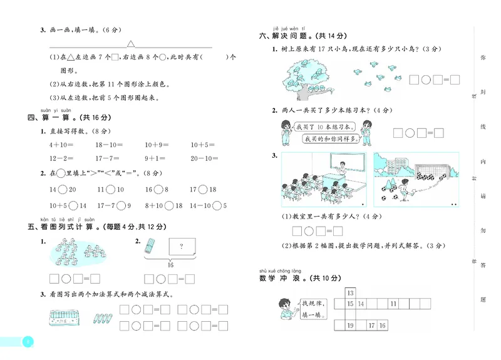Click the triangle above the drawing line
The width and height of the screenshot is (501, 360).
[x=132, y=44]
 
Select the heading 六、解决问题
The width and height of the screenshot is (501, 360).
[x=288, y=37]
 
